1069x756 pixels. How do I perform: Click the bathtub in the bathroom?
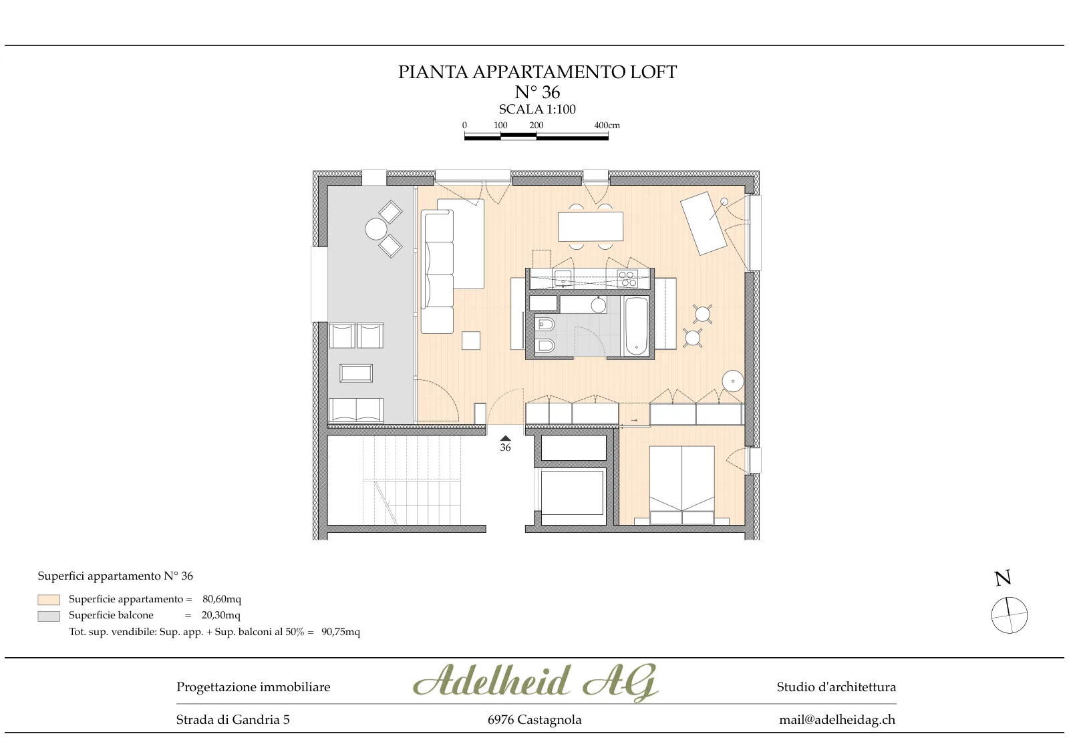pos(636,327)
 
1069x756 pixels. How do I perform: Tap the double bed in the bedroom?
pos(682,486)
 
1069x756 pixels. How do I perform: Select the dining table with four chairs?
pos(591,226)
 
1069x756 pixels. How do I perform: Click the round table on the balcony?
pos(376,229)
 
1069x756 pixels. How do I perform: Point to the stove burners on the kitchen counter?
pos(627,279)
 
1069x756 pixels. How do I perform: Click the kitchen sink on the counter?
pos(563,278)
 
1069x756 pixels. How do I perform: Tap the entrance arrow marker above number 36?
pos(505,438)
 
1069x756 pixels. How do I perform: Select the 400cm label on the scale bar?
pos(607,126)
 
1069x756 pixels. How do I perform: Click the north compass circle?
pos(1010,615)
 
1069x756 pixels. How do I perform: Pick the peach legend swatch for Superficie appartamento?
pos(49,600)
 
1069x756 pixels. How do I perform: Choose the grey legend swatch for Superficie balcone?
pos(49,616)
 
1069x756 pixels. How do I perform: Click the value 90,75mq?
pos(341,632)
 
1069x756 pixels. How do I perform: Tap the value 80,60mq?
pos(222,599)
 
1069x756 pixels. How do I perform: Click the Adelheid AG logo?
pos(535,682)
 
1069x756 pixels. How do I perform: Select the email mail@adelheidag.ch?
pos(837,720)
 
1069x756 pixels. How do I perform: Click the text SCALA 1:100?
pos(537,110)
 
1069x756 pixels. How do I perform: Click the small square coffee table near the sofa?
pos(471,341)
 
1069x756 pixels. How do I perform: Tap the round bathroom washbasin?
pos(599,305)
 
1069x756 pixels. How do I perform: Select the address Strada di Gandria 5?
pos(233,720)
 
